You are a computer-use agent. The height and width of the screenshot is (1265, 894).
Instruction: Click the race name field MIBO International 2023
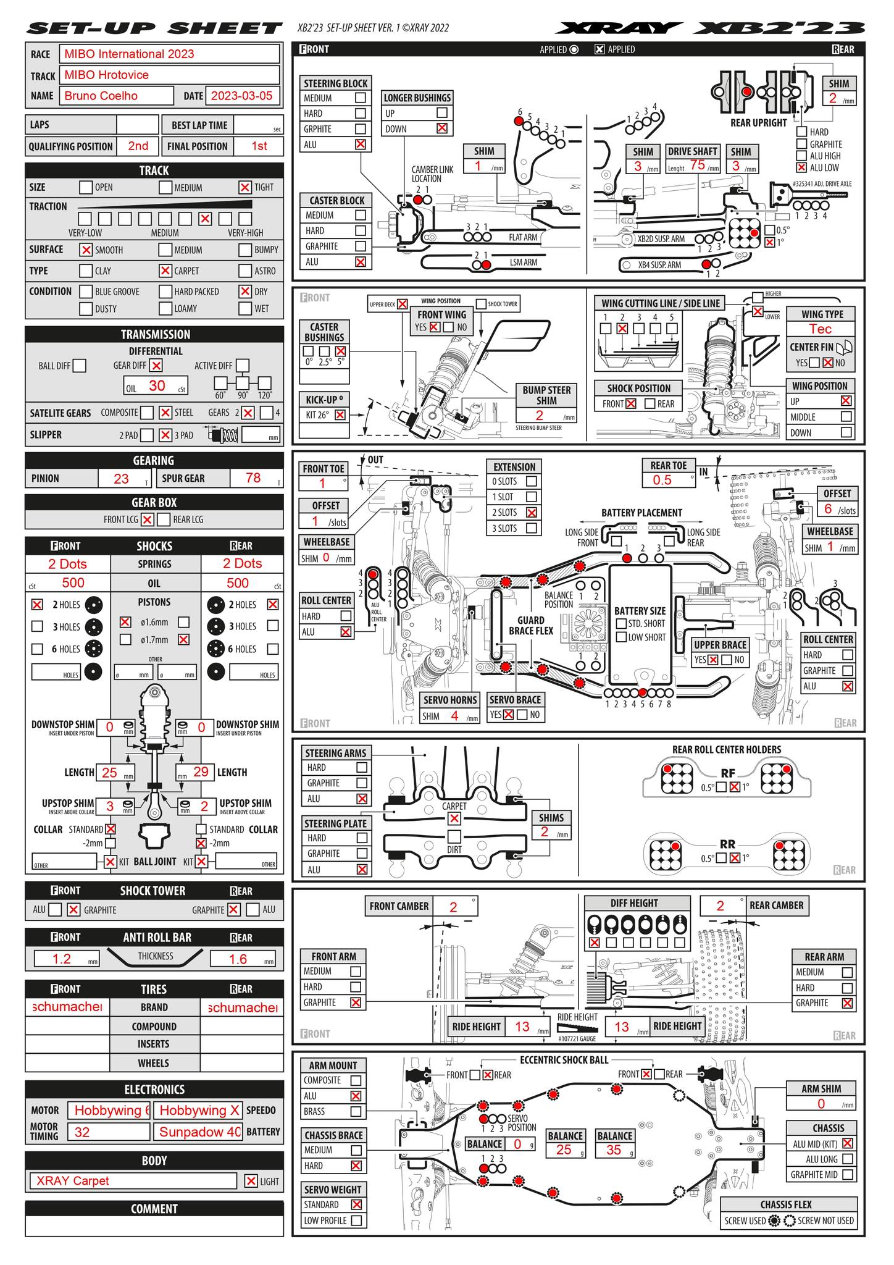tap(169, 54)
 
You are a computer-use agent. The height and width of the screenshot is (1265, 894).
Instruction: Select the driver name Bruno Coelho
tap(117, 96)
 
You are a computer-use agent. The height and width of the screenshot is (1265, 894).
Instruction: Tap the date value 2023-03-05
tap(241, 96)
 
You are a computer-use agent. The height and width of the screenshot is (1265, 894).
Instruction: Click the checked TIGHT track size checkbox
tap(245, 187)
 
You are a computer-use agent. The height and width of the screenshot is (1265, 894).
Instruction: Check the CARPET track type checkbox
tap(165, 271)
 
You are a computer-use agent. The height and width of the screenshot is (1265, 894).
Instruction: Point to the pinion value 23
tap(122, 478)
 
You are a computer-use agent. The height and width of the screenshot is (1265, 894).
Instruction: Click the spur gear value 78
tap(253, 478)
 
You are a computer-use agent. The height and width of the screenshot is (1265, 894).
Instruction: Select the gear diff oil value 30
tap(157, 386)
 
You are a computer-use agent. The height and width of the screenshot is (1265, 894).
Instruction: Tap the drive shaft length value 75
tap(698, 166)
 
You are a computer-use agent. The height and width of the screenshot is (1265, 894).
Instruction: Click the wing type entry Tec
tap(820, 329)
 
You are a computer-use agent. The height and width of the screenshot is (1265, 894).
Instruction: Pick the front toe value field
tap(322, 484)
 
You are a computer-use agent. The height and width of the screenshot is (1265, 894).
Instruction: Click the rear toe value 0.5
tap(662, 481)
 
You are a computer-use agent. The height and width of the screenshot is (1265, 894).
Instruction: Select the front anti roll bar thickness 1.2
tap(62, 959)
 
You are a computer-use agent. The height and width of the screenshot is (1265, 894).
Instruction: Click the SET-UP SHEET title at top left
tap(154, 28)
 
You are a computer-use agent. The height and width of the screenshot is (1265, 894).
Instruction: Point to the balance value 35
tap(614, 1149)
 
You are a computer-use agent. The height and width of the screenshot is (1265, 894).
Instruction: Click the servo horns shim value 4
tap(454, 717)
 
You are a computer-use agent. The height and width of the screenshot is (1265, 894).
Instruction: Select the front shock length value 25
tap(109, 772)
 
